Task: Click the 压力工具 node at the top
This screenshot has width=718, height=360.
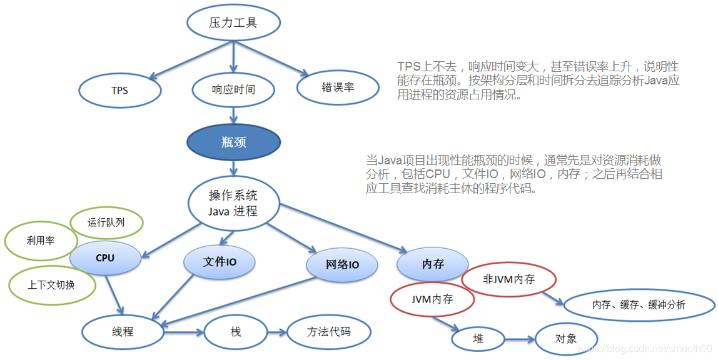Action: click(x=233, y=22)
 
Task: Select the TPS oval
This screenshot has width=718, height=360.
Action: click(x=119, y=90)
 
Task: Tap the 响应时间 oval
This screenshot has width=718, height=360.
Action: click(x=233, y=89)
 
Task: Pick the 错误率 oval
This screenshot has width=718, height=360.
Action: click(x=338, y=87)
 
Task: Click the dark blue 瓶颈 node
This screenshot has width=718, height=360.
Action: click(x=233, y=142)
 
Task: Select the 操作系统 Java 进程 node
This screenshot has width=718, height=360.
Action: click(x=233, y=202)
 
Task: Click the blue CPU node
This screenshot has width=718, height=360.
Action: click(x=105, y=257)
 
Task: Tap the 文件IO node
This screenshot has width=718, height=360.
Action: click(x=220, y=262)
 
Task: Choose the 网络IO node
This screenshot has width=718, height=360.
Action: click(x=343, y=265)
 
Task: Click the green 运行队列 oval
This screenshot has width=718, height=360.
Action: click(x=106, y=222)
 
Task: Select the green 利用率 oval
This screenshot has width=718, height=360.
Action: click(x=41, y=240)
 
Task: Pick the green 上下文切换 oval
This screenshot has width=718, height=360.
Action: click(x=51, y=284)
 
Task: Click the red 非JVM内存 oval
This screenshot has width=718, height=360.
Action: click(x=509, y=279)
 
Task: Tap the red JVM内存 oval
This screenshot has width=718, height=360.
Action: click(x=432, y=299)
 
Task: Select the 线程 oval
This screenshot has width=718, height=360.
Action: click(x=123, y=332)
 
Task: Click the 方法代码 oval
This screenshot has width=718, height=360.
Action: click(x=329, y=331)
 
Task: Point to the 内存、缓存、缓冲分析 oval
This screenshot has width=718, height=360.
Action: click(x=639, y=305)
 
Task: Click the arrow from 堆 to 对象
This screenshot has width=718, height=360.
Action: click(x=518, y=340)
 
